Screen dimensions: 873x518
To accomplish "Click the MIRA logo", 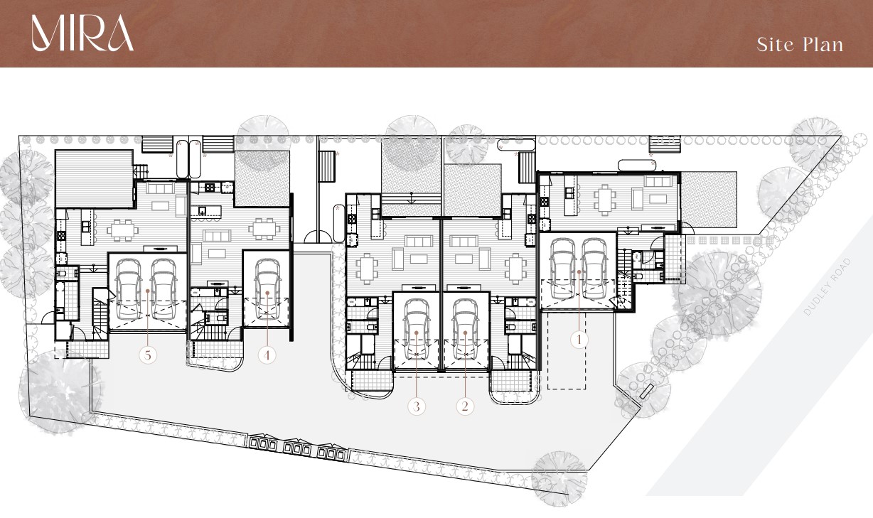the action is pyautogui.click(x=82, y=33).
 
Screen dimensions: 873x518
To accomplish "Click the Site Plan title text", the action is pyautogui.click(x=800, y=44).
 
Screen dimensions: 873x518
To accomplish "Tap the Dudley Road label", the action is pyautogui.click(x=828, y=286).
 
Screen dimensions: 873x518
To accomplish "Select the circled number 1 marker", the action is pyautogui.click(x=579, y=340).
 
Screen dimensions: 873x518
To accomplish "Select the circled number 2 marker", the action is pyautogui.click(x=465, y=406).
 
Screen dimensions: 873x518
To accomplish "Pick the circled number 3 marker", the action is pyautogui.click(x=416, y=406).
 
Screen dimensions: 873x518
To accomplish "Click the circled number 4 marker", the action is pyautogui.click(x=267, y=355).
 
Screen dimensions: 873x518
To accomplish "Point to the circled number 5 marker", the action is pyautogui.click(x=148, y=355).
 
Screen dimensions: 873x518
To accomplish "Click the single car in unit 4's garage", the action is pyautogui.click(x=267, y=288).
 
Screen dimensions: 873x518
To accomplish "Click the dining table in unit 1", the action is pyautogui.click(x=604, y=200).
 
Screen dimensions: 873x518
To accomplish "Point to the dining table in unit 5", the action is pyautogui.click(x=123, y=230).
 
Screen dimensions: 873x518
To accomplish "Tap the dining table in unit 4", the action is pyautogui.click(x=264, y=229).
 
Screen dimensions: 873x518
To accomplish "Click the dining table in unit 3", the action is pyautogui.click(x=367, y=269).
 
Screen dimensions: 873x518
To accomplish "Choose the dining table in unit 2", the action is pyautogui.click(x=515, y=269).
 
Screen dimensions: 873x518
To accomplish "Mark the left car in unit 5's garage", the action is pyautogui.click(x=128, y=288).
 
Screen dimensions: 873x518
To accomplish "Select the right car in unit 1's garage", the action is pyautogui.click(x=594, y=269).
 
